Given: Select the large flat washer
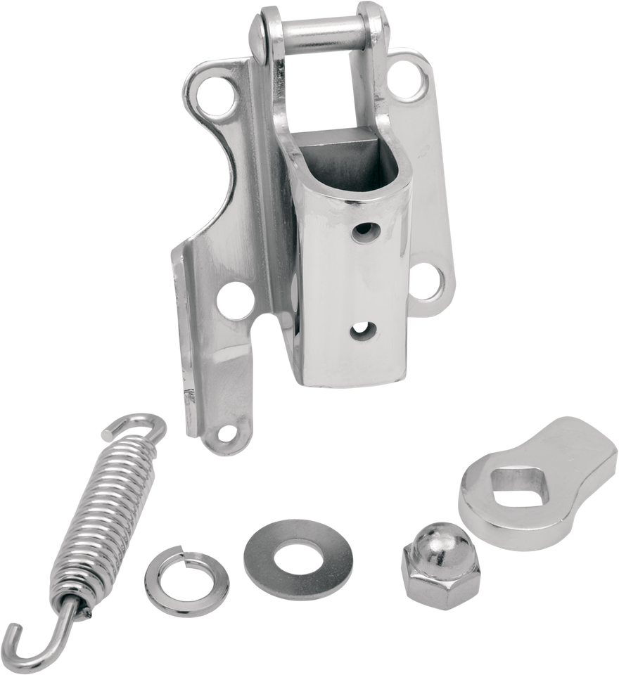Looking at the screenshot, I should pos(288,549).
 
